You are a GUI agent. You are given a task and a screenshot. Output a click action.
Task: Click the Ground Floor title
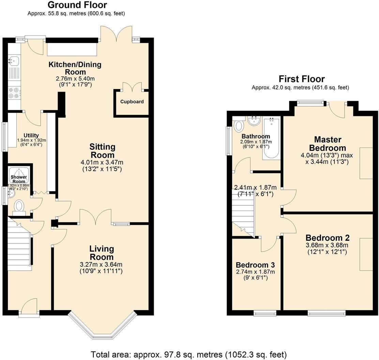77,5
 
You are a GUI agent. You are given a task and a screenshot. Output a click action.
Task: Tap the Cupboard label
132,102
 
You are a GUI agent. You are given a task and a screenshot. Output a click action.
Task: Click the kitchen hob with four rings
14,93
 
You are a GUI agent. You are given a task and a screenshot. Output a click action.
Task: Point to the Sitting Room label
102,151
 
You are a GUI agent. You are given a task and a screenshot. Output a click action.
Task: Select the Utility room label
31,135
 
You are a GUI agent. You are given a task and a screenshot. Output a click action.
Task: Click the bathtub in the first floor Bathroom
271,138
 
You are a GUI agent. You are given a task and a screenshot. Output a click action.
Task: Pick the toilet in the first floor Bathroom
239,125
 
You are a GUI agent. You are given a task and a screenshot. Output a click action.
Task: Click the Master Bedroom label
328,144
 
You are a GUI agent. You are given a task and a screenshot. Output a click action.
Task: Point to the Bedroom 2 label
327,238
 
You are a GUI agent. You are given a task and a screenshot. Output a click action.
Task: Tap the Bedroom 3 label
255,265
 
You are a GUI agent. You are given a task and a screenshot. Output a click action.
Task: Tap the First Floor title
301,79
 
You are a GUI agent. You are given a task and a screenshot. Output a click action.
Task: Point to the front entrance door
29,307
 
